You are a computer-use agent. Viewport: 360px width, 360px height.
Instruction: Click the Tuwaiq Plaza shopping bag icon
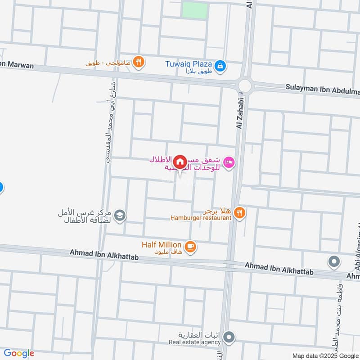(220, 66)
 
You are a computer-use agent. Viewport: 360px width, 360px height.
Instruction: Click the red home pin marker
(180, 161)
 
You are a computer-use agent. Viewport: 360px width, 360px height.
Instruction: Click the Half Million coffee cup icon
(191, 246)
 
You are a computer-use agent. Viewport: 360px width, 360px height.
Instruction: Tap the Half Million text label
(162, 244)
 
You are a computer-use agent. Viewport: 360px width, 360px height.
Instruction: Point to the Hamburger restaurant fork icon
(240, 213)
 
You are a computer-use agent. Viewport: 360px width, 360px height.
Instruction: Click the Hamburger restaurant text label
(201, 218)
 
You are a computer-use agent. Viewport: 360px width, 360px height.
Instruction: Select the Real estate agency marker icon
(229, 337)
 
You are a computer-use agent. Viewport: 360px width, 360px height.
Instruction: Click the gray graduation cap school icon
(120, 216)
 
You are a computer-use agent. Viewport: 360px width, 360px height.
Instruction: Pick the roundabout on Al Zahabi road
(245, 85)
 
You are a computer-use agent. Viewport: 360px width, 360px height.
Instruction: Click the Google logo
(19, 353)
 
